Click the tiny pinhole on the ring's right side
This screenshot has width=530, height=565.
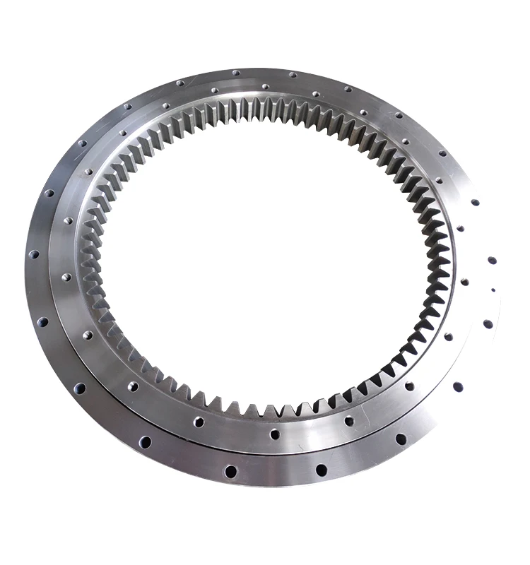pyautogui.click(x=493, y=290)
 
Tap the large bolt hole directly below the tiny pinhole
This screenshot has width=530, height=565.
pyautogui.click(x=488, y=323)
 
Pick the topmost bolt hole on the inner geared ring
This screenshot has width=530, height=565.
pyautogui.click(x=264, y=88)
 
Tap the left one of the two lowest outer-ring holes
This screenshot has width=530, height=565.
pyautogui.click(x=230, y=470)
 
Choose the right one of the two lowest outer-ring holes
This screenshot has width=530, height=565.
pyautogui.click(x=322, y=470)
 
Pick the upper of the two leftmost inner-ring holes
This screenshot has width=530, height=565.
pyautogui.click(x=69, y=220)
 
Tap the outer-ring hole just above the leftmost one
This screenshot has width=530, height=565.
pyautogui.click(x=49, y=192)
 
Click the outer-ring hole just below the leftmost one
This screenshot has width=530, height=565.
pyautogui.click(x=42, y=321)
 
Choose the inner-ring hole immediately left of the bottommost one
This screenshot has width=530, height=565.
pyautogui.click(x=199, y=422)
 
